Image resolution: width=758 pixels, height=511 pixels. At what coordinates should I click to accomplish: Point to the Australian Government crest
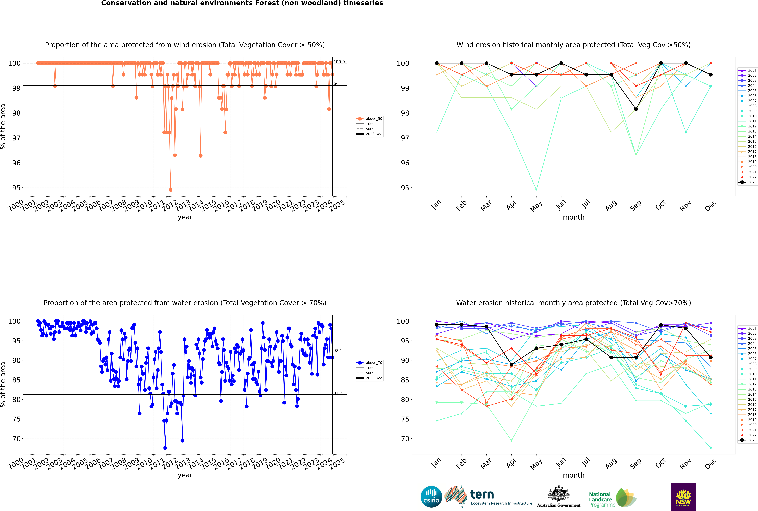click(559, 494)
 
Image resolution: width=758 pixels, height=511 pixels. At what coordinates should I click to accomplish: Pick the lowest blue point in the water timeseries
click(165, 448)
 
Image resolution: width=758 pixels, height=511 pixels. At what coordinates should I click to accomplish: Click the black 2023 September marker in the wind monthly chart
click(636, 109)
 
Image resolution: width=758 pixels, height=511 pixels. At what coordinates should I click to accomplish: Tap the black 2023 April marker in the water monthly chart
click(511, 365)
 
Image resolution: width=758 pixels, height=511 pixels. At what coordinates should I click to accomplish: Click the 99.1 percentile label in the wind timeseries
click(338, 84)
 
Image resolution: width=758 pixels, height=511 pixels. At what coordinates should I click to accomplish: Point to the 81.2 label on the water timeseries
click(338, 393)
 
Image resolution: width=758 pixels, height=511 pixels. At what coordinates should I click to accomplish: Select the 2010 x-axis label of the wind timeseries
click(144, 205)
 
